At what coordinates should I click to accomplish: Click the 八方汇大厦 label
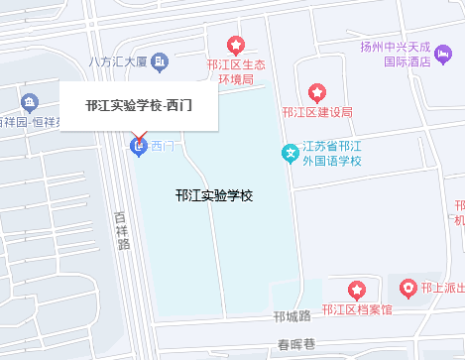tap(117, 62)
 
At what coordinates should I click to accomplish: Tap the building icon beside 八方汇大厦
tap(160, 62)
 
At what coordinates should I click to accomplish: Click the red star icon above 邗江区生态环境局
tap(236, 46)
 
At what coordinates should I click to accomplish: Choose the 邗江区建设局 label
tap(317, 112)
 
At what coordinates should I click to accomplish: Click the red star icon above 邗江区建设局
tap(317, 92)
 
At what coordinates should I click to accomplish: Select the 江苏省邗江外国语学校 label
tap(332, 154)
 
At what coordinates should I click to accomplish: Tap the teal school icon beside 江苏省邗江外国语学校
tap(290, 154)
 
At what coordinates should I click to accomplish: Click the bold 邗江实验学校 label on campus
tap(213, 195)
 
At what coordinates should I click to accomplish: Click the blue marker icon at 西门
tap(139, 148)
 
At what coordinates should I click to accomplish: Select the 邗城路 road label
tap(292, 316)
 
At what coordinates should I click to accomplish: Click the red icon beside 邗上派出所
tap(407, 289)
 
